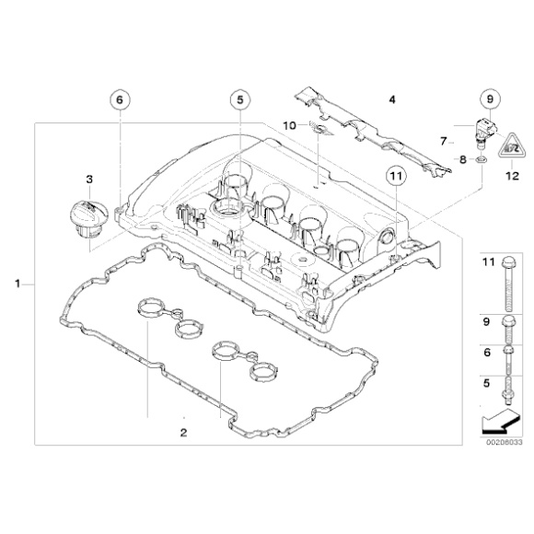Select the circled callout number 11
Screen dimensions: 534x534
[395, 175]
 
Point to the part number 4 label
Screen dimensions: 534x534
[390, 99]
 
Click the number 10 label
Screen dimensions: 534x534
[287, 124]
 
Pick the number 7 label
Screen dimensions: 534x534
[443, 141]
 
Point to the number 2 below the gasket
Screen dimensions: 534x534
[183, 432]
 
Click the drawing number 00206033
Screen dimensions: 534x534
[503, 442]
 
